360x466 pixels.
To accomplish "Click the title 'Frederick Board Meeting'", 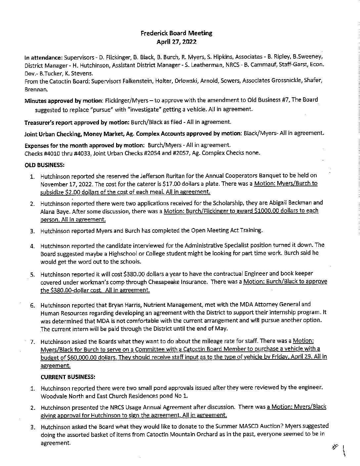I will (x=176, y=33).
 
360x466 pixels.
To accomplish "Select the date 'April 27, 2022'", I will (x=176, y=42).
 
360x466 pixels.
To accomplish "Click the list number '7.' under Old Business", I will (x=33, y=342).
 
